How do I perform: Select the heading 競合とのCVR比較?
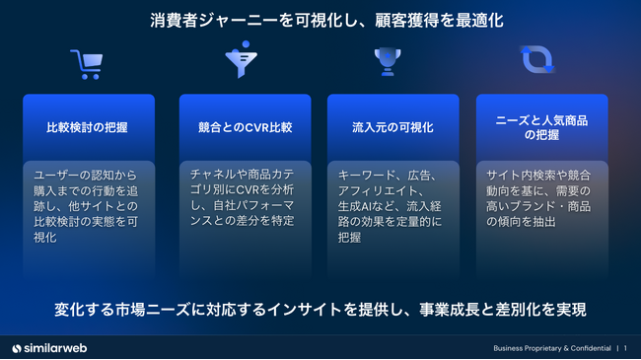245,127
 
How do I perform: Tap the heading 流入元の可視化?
392,127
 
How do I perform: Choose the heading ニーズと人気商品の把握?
542,126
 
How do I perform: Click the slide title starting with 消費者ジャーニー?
320,20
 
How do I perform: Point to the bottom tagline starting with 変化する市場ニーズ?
320,310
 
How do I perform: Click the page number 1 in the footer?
625,348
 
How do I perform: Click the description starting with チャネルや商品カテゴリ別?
245,196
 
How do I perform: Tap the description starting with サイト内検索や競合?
542,196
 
